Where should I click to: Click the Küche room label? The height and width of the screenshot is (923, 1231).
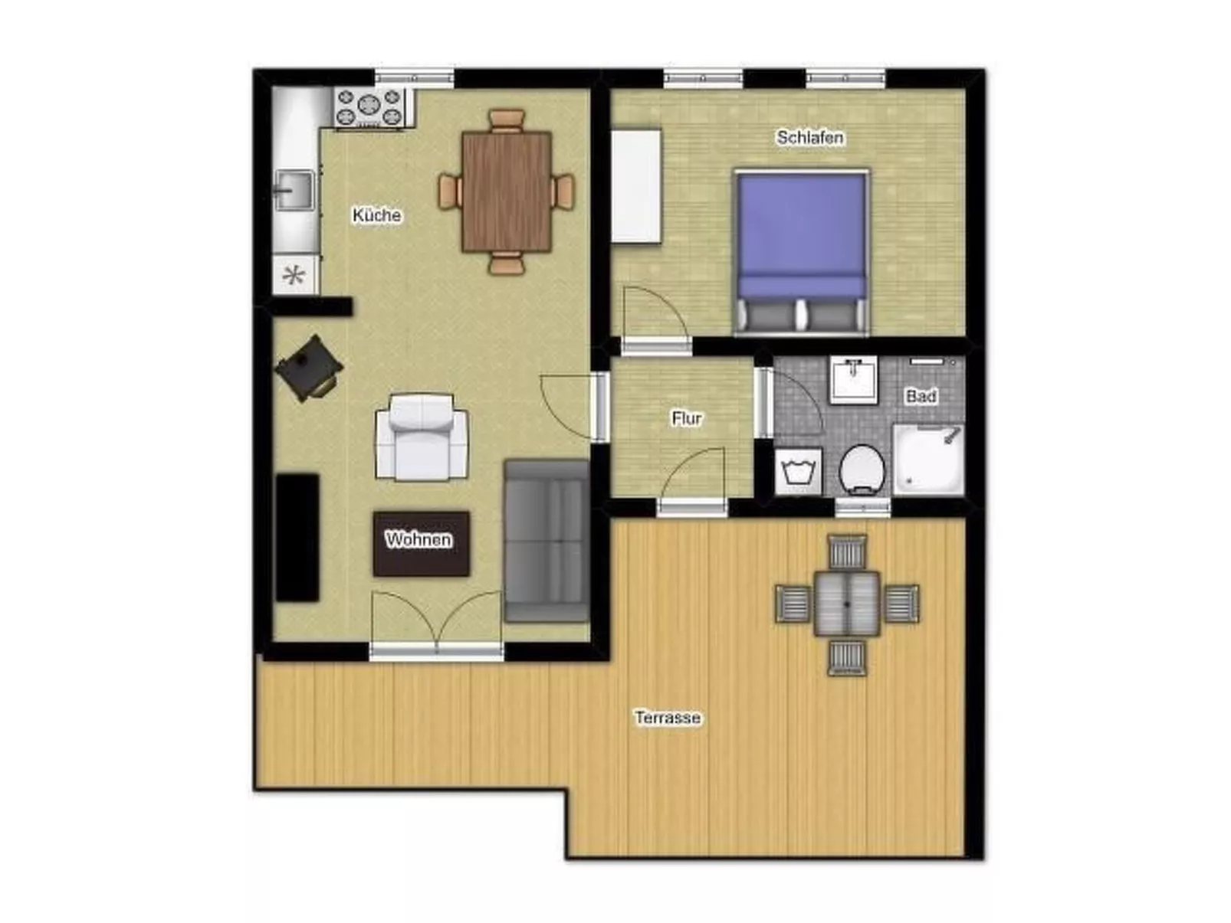[376, 215]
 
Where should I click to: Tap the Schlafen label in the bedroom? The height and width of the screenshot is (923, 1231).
[809, 137]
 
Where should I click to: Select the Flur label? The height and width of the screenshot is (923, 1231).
[687, 418]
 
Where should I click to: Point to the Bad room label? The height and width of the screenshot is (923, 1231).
[921, 396]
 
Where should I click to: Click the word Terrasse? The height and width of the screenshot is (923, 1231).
[668, 717]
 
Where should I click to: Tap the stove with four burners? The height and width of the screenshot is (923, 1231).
[369, 107]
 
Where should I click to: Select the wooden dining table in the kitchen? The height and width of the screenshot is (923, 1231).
[507, 191]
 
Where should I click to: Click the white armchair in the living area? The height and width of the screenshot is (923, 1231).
[422, 437]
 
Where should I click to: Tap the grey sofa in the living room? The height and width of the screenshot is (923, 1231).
[547, 541]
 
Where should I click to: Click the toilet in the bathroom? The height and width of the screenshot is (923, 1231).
[862, 470]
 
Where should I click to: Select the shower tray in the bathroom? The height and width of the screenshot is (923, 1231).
[928, 460]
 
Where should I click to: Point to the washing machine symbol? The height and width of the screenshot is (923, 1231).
[798, 472]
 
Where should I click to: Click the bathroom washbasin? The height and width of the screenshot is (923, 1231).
[853, 379]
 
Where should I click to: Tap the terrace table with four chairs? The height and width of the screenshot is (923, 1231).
[846, 604]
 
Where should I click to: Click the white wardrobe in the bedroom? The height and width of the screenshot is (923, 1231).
[636, 187]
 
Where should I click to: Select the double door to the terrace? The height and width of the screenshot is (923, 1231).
[436, 623]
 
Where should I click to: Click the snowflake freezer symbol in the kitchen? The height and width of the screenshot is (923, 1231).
[294, 275]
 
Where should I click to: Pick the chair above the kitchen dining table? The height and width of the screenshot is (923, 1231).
[507, 120]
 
